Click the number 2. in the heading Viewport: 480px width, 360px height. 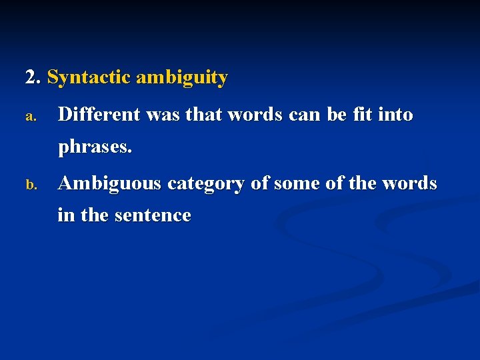(x=33, y=78)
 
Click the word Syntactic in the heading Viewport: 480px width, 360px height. (x=89, y=78)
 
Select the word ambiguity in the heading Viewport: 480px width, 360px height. (x=181, y=78)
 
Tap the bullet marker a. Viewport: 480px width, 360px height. (x=30, y=117)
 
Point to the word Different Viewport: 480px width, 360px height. (x=99, y=115)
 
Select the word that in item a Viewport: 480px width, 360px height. (x=204, y=115)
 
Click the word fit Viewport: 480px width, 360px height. (x=362, y=115)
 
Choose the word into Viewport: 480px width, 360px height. (x=395, y=115)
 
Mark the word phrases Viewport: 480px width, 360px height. (x=95, y=147)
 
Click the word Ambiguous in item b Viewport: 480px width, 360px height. (x=109, y=184)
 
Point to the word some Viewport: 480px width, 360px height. (x=293, y=184)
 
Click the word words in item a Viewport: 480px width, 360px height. (x=257, y=115)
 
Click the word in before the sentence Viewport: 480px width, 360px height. (x=65, y=215)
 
